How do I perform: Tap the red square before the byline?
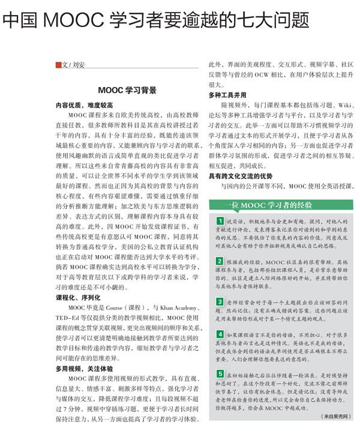click(x=58, y=65)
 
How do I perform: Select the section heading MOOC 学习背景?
click(x=128, y=91)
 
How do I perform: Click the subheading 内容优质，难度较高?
click(x=80, y=104)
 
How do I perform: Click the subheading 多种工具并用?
click(x=227, y=95)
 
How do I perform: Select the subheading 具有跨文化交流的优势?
click(x=241, y=176)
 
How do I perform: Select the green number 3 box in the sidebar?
click(x=220, y=300)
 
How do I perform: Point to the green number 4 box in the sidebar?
click(x=220, y=336)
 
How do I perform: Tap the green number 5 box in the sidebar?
click(x=220, y=373)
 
